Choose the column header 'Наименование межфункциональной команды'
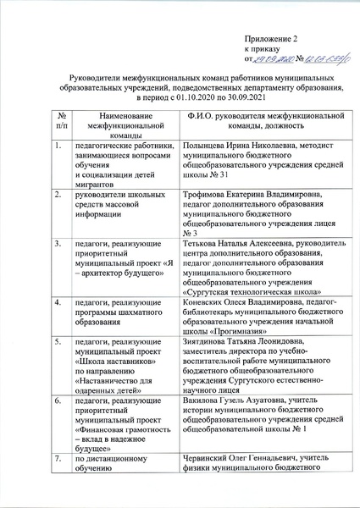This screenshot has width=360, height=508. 117,124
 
